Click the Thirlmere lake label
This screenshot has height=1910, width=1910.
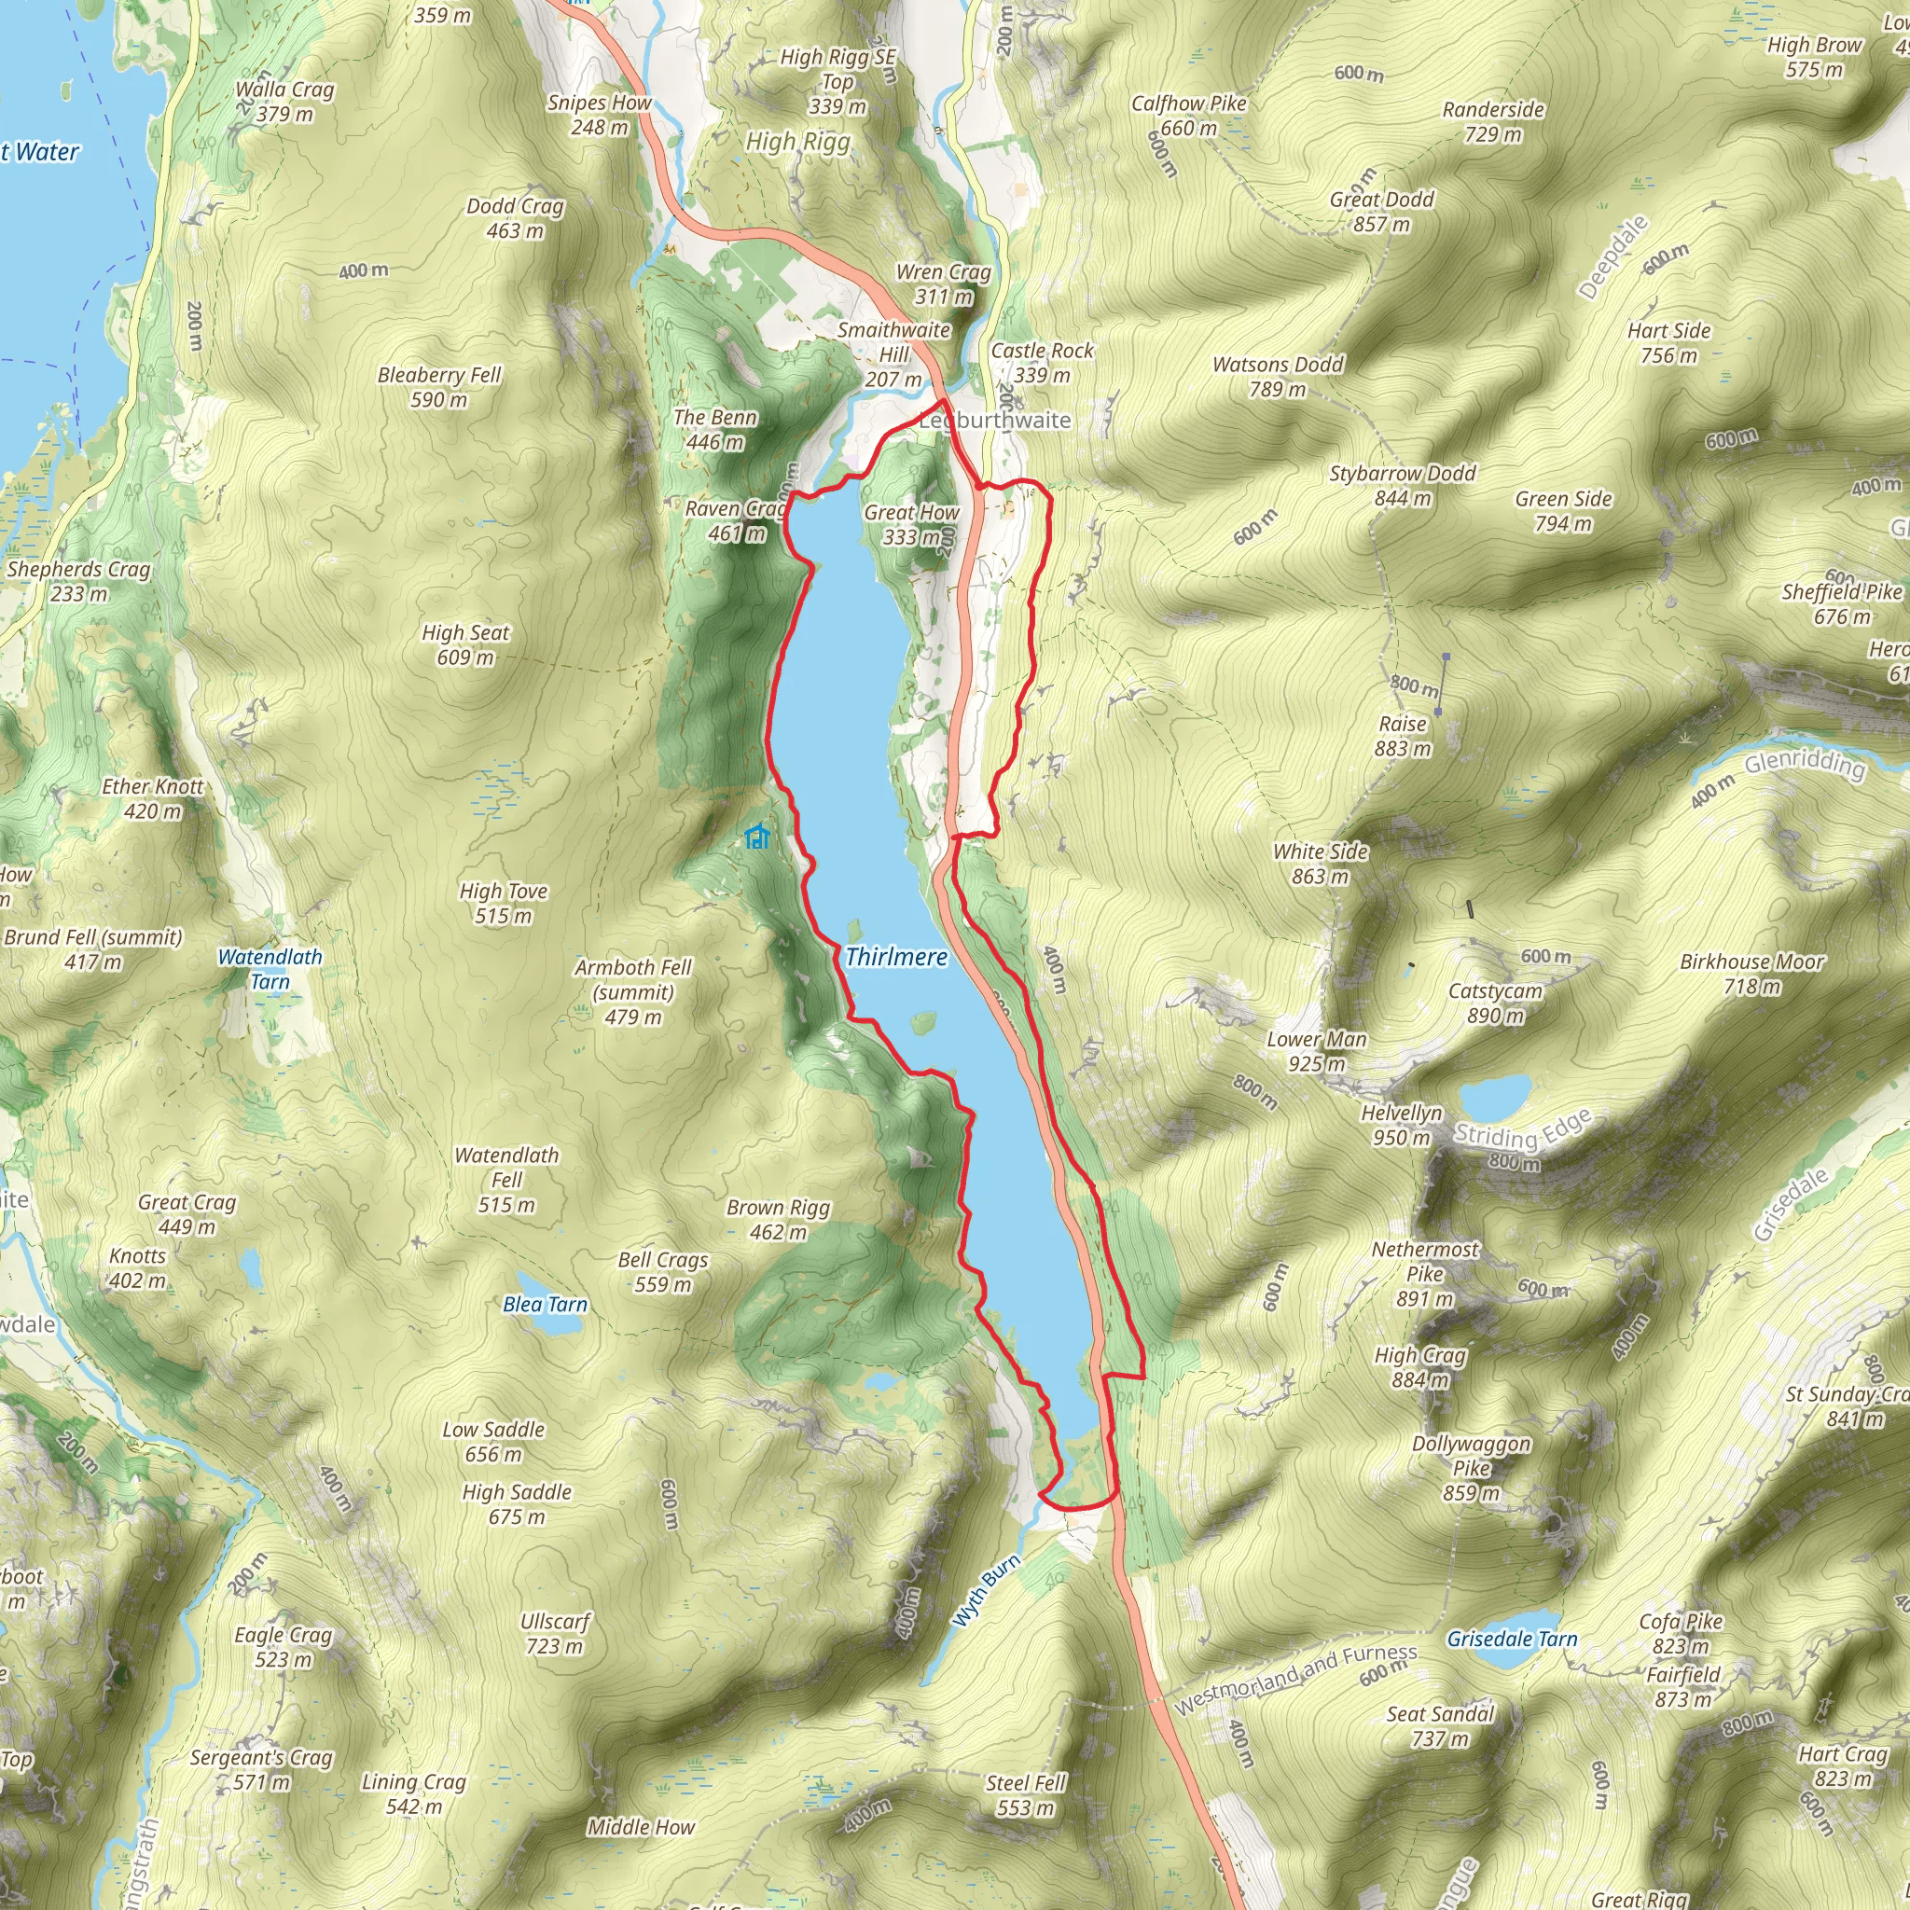[895, 956]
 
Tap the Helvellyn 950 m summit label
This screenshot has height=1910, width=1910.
[1401, 1125]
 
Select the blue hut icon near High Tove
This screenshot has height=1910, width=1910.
[757, 837]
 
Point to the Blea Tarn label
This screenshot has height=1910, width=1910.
[545, 1304]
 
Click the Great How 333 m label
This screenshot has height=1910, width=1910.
[910, 525]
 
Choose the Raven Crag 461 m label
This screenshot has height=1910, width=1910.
[737, 521]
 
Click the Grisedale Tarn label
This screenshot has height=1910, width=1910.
[1512, 1638]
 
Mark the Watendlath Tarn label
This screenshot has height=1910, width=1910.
[270, 969]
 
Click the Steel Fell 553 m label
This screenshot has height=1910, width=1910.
[1025, 1795]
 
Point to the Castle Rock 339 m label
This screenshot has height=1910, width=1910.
[1042, 363]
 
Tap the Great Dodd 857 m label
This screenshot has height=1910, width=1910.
[1381, 212]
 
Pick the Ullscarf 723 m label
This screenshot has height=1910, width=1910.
[555, 1633]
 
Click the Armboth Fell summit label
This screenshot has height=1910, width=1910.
[632, 991]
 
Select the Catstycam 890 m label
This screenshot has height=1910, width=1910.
[1495, 1003]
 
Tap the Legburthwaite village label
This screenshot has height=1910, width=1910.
[994, 421]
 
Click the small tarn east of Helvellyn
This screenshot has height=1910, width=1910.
[1495, 1094]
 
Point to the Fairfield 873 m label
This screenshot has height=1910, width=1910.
[1682, 1686]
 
